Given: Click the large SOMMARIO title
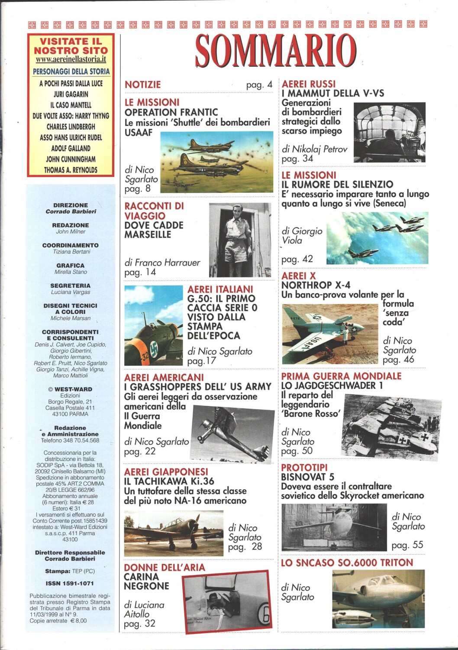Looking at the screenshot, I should point(276,51).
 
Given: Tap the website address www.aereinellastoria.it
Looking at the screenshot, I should point(71,60).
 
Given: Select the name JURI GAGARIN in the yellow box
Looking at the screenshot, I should point(71,94).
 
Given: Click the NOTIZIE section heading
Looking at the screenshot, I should point(142,85).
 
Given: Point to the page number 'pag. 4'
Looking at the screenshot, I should point(259,85).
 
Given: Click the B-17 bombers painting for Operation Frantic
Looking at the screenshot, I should point(216,162).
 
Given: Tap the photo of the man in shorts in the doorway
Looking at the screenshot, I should point(240,240).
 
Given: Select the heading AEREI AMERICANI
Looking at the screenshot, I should point(164,377).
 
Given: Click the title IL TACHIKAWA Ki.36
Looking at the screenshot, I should point(169,481).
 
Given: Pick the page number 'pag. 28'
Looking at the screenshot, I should point(245,547).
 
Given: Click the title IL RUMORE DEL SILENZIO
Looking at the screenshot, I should point(337,185).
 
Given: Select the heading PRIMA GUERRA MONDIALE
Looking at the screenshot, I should point(341,376).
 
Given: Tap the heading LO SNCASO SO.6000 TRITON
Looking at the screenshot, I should point(347,563).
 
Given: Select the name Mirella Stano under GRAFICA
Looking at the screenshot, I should point(71,272).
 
